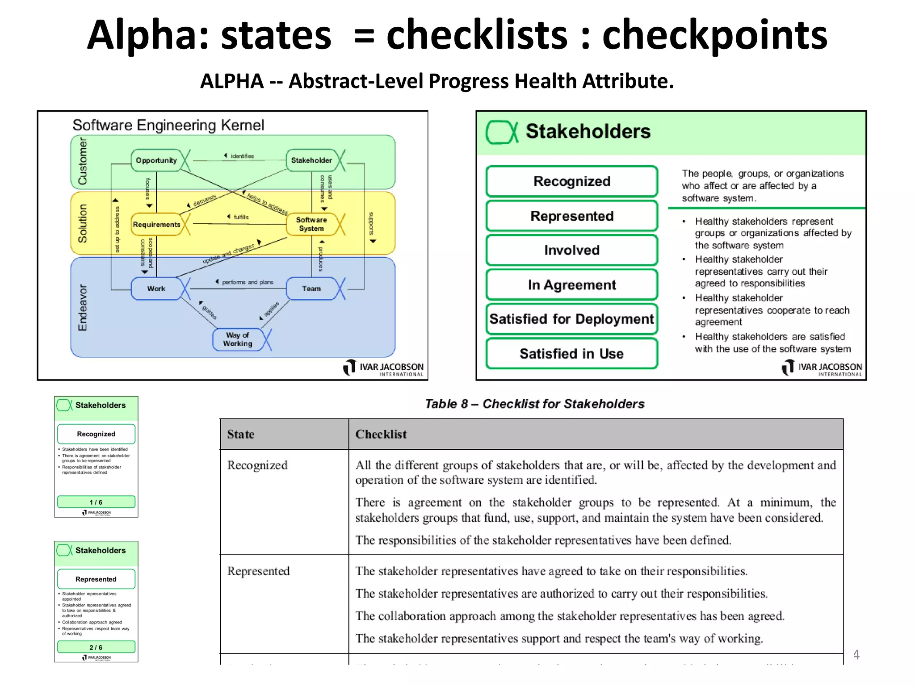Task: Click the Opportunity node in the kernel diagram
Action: pyautogui.click(x=156, y=160)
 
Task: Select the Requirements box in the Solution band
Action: pyautogui.click(x=156, y=224)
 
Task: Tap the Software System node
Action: pyautogui.click(x=311, y=224)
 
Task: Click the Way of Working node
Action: pyautogui.click(x=238, y=339)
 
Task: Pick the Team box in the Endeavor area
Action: pyautogui.click(x=311, y=289)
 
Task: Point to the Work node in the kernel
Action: pyautogui.click(x=156, y=289)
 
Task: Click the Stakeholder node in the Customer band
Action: pyautogui.click(x=311, y=160)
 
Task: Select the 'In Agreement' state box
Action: pyautogui.click(x=571, y=284)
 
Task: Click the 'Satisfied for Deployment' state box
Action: pyautogui.click(x=571, y=319)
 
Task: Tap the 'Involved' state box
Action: pyautogui.click(x=571, y=250)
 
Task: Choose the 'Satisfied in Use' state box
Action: pyautogui.click(x=571, y=354)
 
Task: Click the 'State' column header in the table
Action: pyautogui.click(x=241, y=434)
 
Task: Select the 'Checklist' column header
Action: pyautogui.click(x=381, y=434)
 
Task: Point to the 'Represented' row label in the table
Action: pyautogui.click(x=258, y=571)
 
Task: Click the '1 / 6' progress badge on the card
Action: pyautogui.click(x=96, y=502)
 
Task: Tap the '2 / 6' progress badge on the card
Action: pyautogui.click(x=96, y=647)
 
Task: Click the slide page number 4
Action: pyautogui.click(x=856, y=655)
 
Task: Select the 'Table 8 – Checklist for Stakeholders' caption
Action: pyautogui.click(x=534, y=404)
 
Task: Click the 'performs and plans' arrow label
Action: pyautogui.click(x=247, y=282)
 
